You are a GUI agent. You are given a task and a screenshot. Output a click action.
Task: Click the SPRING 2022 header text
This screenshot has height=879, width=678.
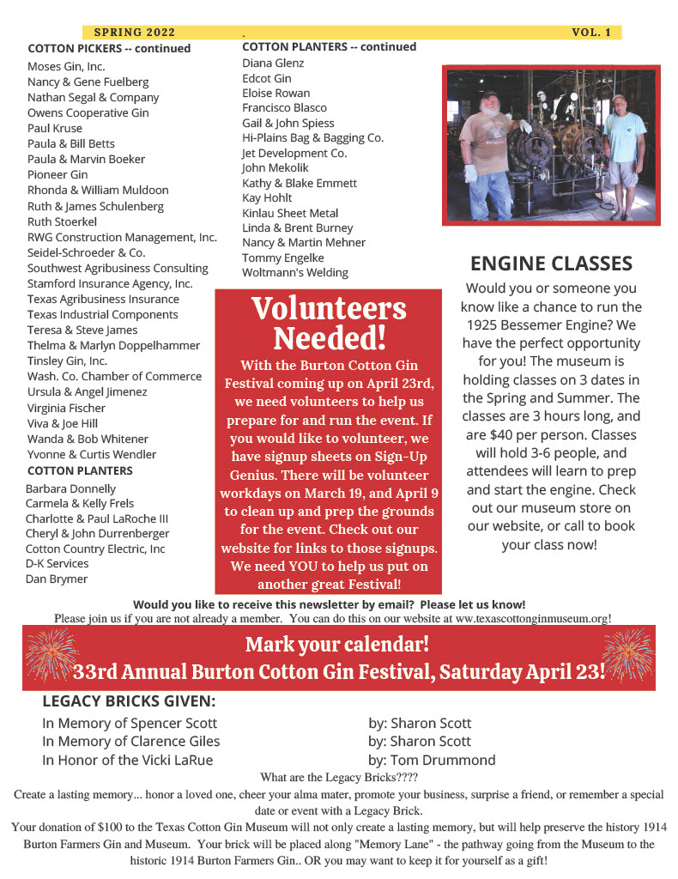134,33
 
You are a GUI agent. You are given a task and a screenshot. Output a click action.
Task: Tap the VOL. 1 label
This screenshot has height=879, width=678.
590,33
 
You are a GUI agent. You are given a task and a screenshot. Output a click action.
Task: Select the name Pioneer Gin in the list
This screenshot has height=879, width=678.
58,174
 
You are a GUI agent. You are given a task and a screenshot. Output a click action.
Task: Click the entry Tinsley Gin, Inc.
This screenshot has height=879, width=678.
67,361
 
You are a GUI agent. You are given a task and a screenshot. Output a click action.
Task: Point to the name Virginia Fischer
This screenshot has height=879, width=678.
66,408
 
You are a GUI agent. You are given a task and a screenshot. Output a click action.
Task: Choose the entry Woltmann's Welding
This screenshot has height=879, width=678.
294,272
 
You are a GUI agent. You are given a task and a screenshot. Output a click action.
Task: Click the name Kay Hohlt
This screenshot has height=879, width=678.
267,197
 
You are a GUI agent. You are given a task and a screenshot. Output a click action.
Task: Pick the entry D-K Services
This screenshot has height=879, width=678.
57,563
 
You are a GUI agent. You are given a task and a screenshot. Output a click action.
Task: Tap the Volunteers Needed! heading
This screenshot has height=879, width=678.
329,323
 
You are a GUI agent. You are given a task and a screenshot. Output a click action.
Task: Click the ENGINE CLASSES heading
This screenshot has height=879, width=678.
551,263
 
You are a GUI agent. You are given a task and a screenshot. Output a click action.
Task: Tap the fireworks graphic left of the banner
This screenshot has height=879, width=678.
52,656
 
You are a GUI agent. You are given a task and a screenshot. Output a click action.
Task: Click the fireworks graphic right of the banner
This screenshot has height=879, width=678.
627,656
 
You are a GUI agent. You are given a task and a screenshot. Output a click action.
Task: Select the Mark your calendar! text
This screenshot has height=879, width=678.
337,644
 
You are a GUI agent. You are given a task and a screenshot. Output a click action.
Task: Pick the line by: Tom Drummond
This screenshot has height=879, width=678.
432,760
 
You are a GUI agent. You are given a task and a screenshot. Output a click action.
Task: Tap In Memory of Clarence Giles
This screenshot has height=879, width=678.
130,741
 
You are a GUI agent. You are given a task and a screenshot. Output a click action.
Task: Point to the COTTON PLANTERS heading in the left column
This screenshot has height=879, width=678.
80,470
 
